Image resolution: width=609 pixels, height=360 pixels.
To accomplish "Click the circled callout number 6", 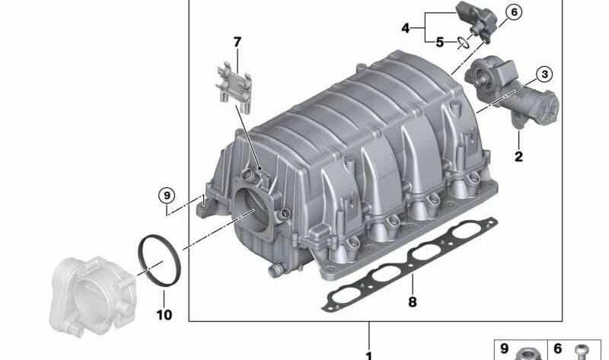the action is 514,12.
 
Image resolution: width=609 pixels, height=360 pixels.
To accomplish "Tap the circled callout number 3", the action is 544,74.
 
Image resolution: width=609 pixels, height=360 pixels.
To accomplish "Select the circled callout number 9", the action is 167,195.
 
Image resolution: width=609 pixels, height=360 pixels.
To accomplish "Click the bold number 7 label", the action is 238,42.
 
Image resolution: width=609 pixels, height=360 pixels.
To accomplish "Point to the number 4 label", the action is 406,28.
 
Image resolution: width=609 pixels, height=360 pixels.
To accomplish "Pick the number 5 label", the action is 439,42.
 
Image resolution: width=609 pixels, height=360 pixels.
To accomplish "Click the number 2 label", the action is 518,157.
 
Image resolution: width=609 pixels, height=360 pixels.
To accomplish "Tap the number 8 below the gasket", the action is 412,301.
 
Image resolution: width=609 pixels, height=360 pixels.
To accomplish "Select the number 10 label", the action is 164,314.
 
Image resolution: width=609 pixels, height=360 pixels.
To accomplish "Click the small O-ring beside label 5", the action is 463,43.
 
